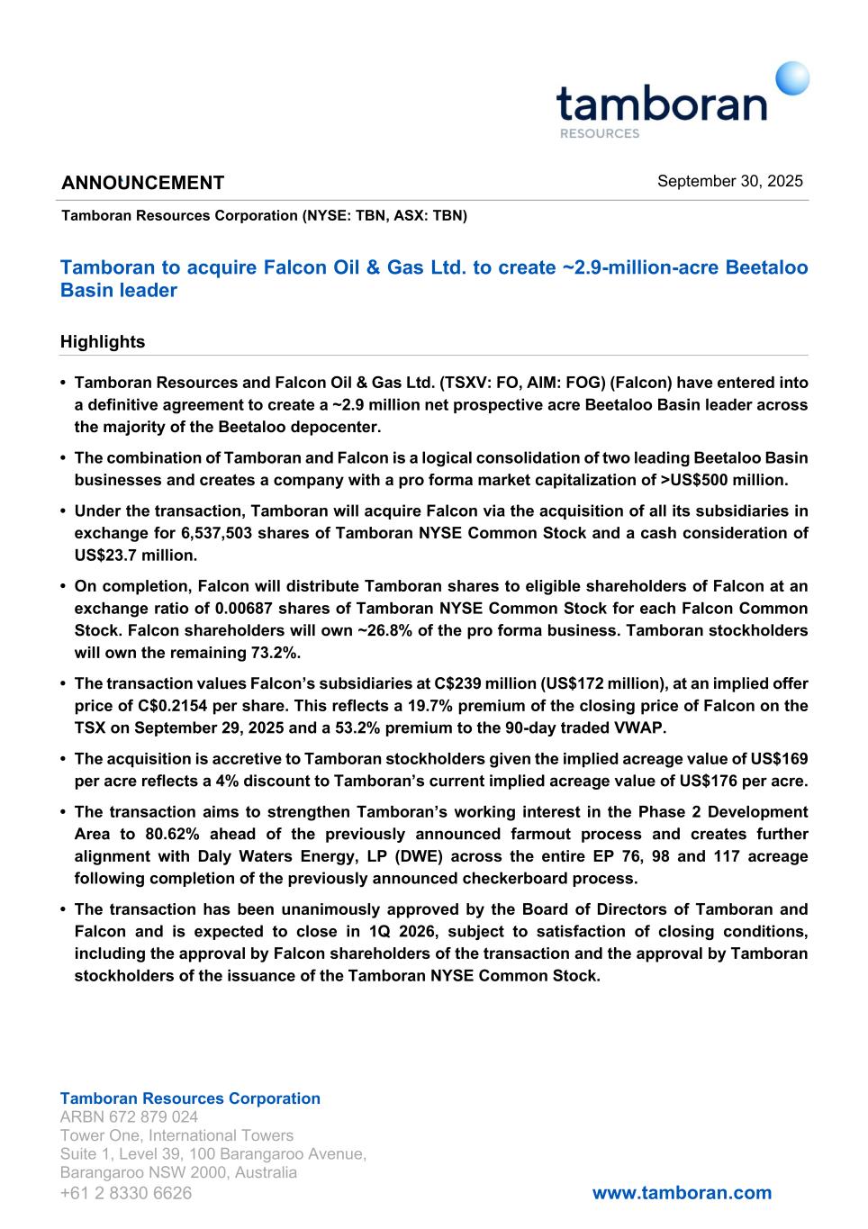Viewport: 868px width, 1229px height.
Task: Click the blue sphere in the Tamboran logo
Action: [792, 77]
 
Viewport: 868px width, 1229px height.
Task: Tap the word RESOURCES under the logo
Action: [599, 133]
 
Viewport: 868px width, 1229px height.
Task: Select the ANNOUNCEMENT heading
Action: [142, 183]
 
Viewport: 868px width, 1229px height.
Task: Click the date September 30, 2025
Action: [729, 181]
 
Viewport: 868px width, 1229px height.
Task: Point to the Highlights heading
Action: [102, 342]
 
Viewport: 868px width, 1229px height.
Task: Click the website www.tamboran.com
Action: [682, 1193]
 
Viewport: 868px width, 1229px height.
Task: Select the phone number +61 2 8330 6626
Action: [126, 1193]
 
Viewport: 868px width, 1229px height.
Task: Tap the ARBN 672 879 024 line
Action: [129, 1117]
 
